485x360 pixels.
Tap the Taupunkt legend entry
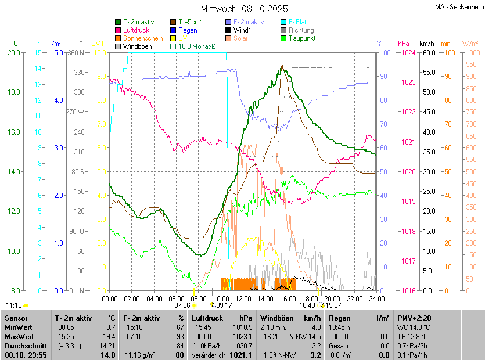[x=301, y=38]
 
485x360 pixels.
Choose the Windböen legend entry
[x=138, y=46]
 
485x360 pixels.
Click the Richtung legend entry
[x=301, y=30]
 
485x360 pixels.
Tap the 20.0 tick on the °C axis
[x=14, y=53]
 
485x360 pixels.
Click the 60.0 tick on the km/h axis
[x=428, y=53]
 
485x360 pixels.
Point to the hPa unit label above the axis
[x=404, y=44]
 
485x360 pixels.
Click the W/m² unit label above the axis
[x=470, y=44]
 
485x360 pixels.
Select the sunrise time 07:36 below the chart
[x=182, y=305]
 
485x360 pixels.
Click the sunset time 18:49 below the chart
[x=307, y=305]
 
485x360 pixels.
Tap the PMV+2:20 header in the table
[x=413, y=318]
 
